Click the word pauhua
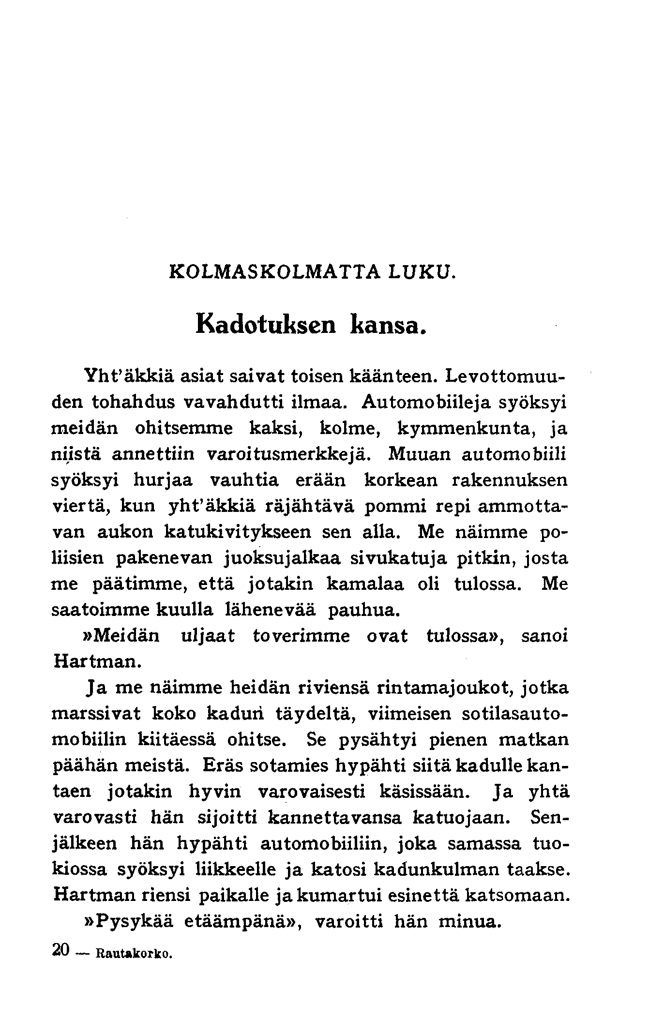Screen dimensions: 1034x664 [x=364, y=610]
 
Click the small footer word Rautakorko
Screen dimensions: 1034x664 [x=135, y=954]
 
